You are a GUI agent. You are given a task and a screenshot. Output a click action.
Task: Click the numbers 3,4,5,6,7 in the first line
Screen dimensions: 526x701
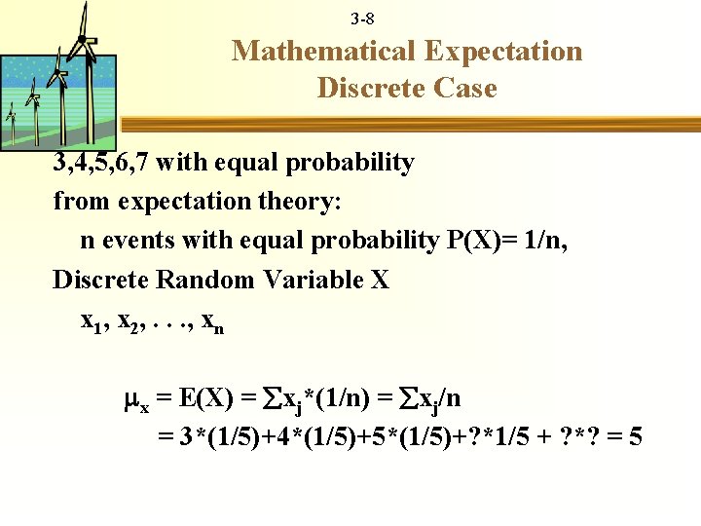click(x=99, y=163)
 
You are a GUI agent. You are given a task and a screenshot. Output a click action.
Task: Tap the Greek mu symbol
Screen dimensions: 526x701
click(x=137, y=399)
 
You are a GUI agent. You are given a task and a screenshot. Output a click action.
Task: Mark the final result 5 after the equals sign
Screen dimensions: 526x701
click(x=635, y=437)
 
